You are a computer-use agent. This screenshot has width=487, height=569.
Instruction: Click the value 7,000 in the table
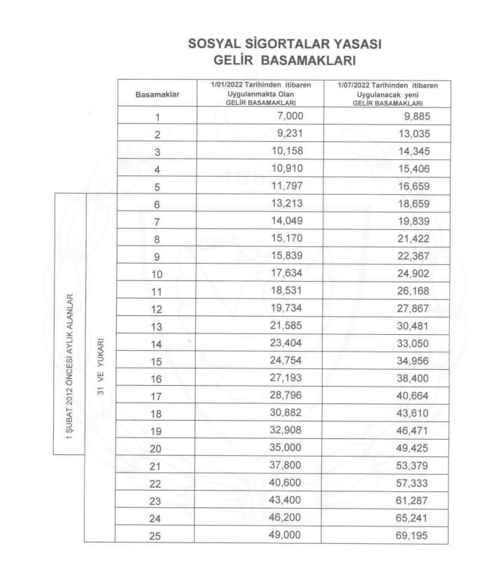coord(290,115)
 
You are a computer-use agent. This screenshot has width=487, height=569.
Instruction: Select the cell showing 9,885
coord(414,116)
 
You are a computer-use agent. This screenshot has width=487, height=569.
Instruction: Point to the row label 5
coord(157,187)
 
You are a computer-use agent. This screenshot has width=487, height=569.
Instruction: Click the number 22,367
coord(411,255)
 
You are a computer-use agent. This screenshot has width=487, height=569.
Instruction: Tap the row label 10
coord(157,274)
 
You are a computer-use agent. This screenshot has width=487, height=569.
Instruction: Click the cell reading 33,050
coord(411,343)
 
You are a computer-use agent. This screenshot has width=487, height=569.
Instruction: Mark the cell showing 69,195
coord(411,536)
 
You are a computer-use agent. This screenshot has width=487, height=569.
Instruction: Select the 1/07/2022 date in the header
coord(357,85)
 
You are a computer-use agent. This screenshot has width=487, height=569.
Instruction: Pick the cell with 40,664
coord(411,396)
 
